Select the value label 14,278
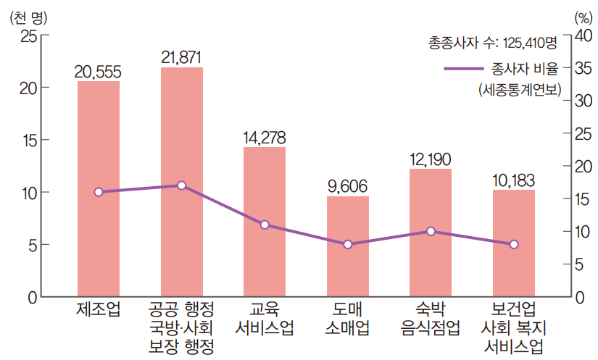pos(265,137)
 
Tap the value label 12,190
pos(431,159)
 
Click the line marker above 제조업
pos(99,192)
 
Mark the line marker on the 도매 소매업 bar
pos(348,245)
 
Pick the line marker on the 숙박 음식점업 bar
pos(431,231)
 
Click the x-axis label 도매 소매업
pos(348,318)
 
